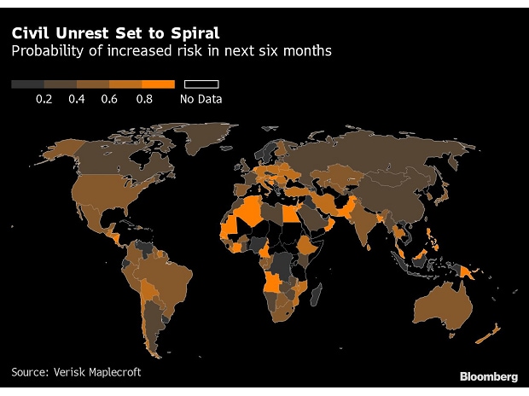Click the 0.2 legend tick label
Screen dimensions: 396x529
point(44,100)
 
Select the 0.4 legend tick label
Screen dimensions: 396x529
point(77,100)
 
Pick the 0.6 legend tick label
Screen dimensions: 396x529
point(109,100)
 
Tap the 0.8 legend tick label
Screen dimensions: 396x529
point(142,100)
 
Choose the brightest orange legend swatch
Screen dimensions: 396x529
point(159,84)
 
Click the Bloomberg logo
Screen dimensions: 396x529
point(488,376)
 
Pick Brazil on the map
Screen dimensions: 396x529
point(178,277)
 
